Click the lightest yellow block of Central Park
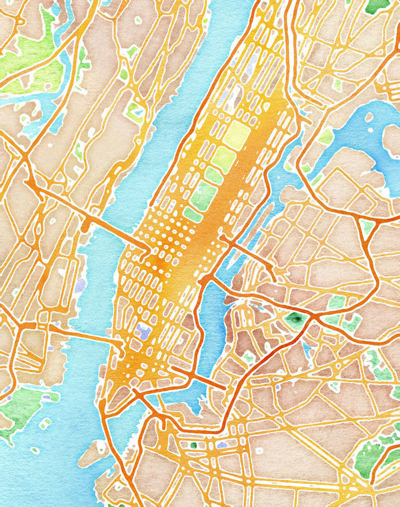(x=237, y=135)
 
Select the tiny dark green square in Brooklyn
(x=194, y=445)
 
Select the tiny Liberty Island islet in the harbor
(x=35, y=450)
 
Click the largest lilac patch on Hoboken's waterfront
(x=81, y=284)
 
